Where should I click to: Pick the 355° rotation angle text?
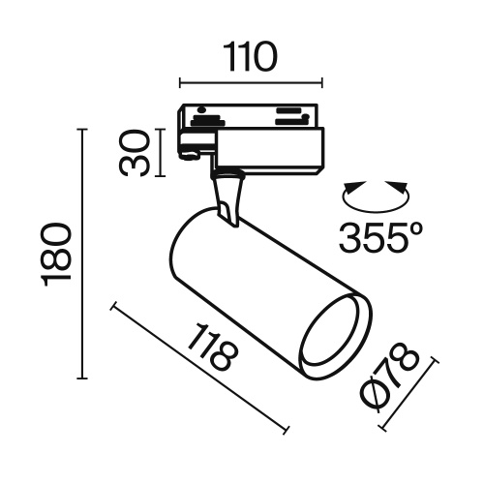(382, 235)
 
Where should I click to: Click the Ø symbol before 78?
(384, 399)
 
